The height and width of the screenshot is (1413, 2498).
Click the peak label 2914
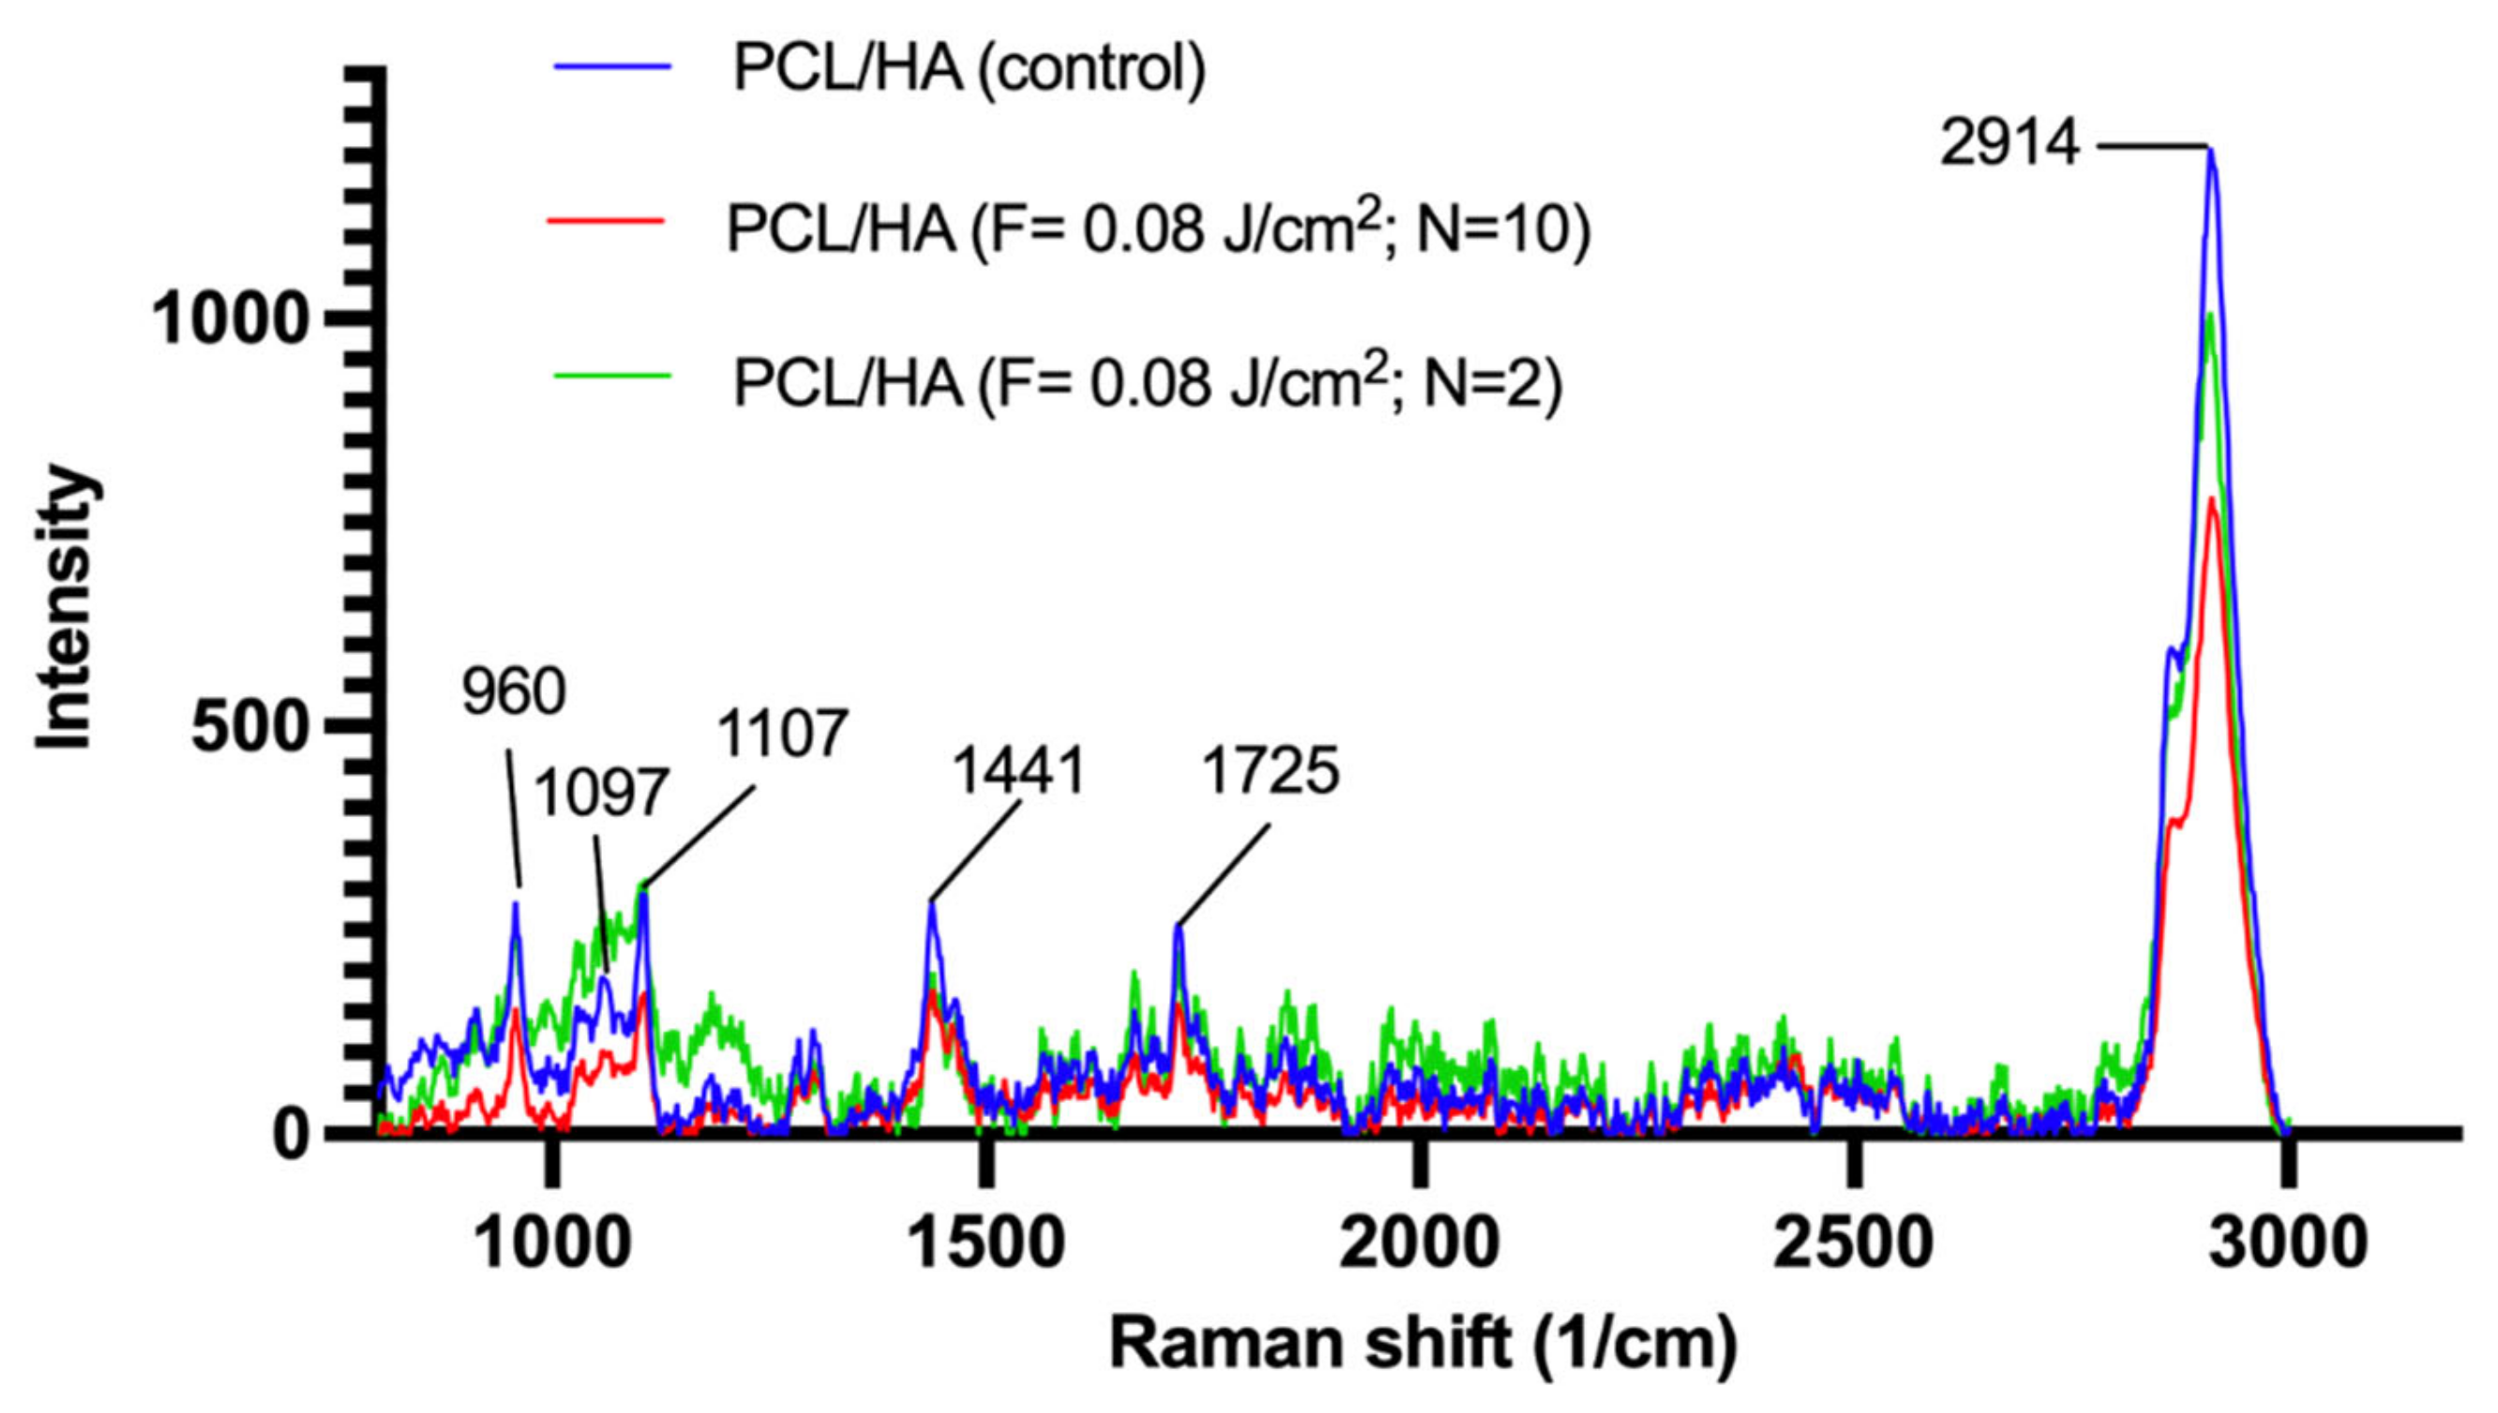(2009, 147)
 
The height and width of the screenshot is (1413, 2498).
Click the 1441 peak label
(1017, 772)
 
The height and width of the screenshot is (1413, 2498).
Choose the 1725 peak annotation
(1270, 772)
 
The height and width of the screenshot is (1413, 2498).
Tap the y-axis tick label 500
(249, 727)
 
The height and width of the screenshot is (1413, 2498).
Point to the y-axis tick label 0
(290, 1134)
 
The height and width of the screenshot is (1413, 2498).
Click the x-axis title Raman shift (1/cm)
(1424, 1344)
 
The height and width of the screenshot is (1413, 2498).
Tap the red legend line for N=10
(606, 221)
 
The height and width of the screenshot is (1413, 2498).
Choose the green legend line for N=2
(611, 375)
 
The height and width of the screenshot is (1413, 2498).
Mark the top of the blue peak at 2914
(2212, 148)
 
